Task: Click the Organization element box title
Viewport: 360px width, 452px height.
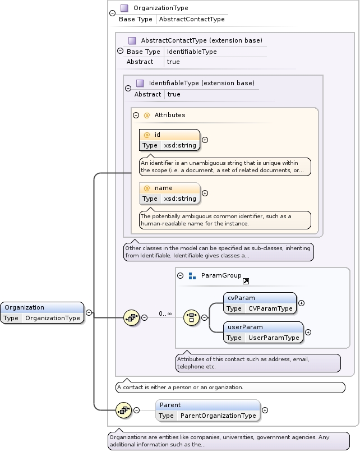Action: pos(25,307)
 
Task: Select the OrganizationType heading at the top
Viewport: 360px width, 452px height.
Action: pos(160,8)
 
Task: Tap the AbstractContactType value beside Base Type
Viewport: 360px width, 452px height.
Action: pos(192,19)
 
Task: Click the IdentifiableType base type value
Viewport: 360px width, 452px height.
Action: pos(191,52)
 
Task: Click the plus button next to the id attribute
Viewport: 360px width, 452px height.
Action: pos(205,140)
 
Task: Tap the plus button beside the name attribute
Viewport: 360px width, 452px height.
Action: pos(205,193)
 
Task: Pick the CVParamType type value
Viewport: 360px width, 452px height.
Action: pos(270,308)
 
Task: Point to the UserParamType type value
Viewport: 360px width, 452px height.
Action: pos(274,338)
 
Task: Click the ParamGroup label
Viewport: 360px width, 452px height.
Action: pos(221,275)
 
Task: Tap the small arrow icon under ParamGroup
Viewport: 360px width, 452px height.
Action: pos(246,282)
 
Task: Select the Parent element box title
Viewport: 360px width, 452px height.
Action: pos(170,405)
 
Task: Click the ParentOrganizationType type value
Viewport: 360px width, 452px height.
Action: pos(218,416)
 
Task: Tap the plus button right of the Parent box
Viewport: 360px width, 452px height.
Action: pos(265,410)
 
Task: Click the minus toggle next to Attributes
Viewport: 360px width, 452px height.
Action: pos(136,115)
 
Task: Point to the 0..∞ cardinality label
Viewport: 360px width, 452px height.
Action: pos(165,313)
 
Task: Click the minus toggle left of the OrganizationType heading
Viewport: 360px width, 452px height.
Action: pos(113,13)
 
